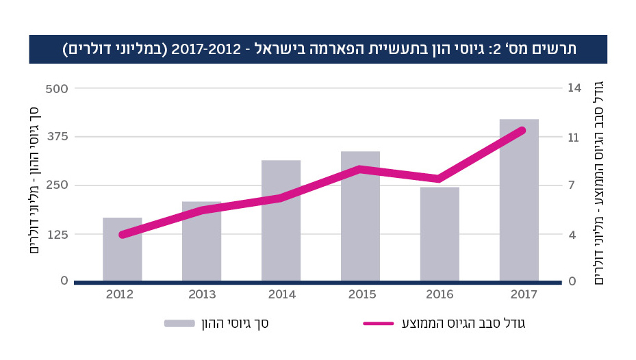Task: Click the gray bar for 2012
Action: coord(123,249)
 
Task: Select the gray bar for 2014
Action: coord(281,220)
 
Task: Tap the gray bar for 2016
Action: coord(440,233)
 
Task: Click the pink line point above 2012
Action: coord(123,235)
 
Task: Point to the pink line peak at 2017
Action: coord(522,130)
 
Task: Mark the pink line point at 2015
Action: coord(360,168)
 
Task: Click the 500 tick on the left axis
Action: coord(58,88)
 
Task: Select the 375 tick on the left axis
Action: coord(58,137)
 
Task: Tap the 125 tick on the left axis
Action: coord(58,235)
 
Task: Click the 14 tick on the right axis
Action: coord(573,88)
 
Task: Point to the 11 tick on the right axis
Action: coord(573,137)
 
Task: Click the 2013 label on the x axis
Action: coord(202,295)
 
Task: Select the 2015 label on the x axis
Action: coord(360,295)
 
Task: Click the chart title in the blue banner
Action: coord(318,49)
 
